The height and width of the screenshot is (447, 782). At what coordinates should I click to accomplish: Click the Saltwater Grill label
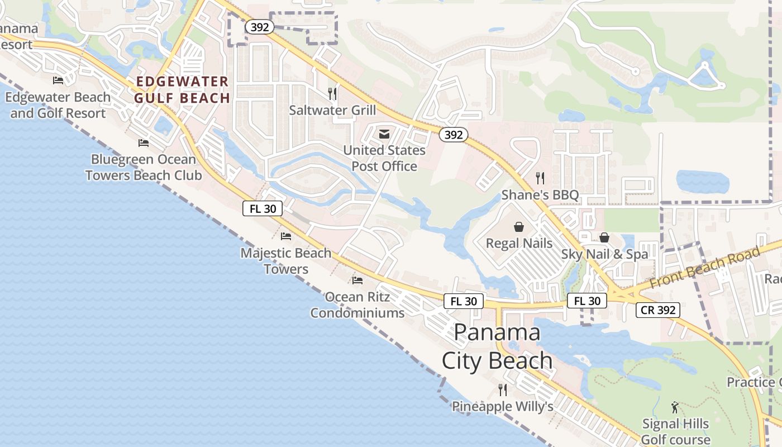pyautogui.click(x=332, y=110)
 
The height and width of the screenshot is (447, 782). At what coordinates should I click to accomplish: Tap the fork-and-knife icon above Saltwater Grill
pyautogui.click(x=332, y=93)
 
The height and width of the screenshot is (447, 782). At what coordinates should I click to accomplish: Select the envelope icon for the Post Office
pyautogui.click(x=384, y=134)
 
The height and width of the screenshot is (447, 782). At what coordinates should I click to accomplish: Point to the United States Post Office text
pyautogui.click(x=384, y=158)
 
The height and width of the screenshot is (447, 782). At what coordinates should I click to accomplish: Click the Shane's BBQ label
pyautogui.click(x=540, y=195)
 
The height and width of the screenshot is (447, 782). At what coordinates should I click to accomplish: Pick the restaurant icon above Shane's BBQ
pyautogui.click(x=540, y=178)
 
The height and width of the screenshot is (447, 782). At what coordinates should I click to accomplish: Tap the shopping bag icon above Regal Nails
pyautogui.click(x=519, y=227)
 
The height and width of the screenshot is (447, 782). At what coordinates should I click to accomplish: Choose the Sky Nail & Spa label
pyautogui.click(x=604, y=254)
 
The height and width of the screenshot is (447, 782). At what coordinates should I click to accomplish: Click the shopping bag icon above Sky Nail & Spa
pyautogui.click(x=604, y=237)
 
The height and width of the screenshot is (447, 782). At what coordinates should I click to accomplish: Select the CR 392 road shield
pyautogui.click(x=657, y=310)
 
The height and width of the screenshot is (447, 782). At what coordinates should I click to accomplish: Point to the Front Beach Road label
pyautogui.click(x=705, y=268)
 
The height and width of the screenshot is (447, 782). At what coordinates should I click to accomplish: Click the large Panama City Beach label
pyautogui.click(x=497, y=346)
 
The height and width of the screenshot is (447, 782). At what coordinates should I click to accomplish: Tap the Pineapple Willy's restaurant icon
pyautogui.click(x=503, y=390)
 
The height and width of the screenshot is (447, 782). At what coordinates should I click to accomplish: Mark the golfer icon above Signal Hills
pyautogui.click(x=675, y=407)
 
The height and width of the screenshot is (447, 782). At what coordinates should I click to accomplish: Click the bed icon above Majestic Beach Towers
pyautogui.click(x=286, y=236)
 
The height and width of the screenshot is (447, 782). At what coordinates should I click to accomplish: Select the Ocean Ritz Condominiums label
pyautogui.click(x=357, y=305)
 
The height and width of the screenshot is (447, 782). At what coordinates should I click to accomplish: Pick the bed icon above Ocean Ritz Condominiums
pyautogui.click(x=357, y=280)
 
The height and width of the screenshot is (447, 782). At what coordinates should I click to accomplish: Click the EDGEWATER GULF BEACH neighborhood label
pyautogui.click(x=183, y=90)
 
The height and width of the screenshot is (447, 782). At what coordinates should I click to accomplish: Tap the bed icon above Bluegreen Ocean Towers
pyautogui.click(x=144, y=143)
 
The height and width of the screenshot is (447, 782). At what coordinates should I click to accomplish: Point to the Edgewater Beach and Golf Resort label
pyautogui.click(x=58, y=105)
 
